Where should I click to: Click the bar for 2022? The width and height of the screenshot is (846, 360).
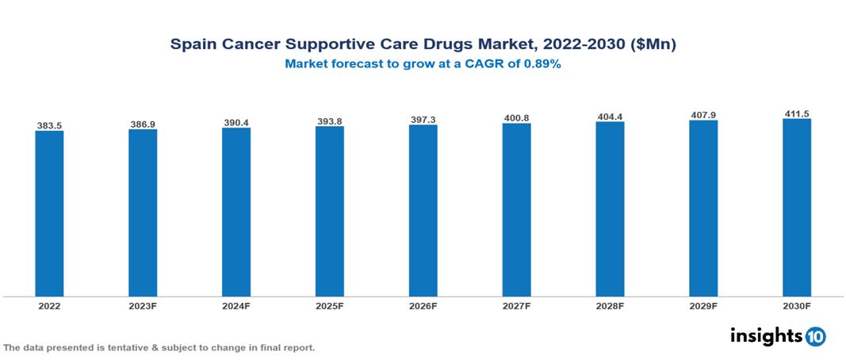pos(49,213)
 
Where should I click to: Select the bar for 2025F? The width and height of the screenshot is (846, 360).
pos(329,211)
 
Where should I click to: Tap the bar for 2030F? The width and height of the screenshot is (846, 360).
pos(796,208)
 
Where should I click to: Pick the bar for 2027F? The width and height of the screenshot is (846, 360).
pos(516,210)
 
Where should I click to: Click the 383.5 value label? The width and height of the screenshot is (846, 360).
pos(49,125)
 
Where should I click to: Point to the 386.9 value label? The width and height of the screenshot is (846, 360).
pos(143,124)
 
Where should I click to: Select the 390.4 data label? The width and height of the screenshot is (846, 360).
pos(236,123)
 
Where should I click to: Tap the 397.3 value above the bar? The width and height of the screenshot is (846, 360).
pos(423,120)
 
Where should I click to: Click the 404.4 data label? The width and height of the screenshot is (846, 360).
pos(610,117)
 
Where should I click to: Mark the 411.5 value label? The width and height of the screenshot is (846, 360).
pos(797,114)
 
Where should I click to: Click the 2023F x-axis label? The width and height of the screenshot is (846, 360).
pos(143,306)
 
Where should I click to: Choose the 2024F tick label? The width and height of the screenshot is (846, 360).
pos(236,306)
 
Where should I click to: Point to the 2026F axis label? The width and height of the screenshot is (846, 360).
pos(423,306)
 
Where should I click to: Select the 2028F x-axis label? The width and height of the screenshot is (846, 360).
pos(610,306)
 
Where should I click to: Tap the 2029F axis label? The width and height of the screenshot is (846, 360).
pos(703,306)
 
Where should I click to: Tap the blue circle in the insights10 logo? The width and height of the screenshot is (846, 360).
pos(815,336)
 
